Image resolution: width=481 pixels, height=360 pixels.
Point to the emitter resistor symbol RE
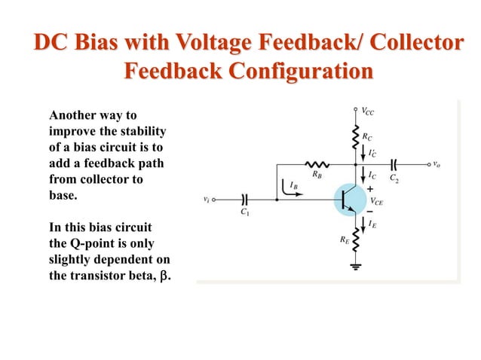tap(356, 239)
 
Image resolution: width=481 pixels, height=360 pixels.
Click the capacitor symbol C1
tap(244, 200)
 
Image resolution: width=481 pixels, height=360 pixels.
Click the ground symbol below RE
tap(356, 265)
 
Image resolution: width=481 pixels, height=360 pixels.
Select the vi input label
tap(207, 200)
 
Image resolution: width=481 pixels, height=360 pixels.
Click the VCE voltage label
tap(376, 201)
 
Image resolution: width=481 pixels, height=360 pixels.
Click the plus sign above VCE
tap(369, 188)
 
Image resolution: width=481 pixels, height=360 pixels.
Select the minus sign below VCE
tap(369, 212)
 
